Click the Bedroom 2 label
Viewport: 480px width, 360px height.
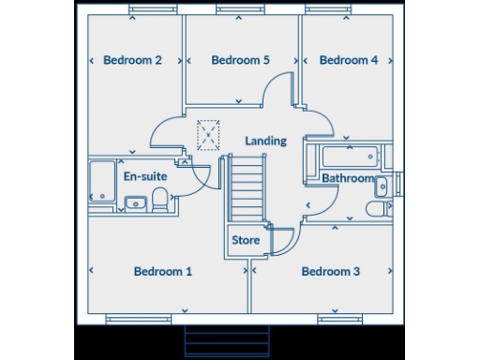click(x=132, y=60)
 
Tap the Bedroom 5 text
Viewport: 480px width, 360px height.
click(x=241, y=60)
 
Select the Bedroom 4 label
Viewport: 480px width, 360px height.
click(x=349, y=60)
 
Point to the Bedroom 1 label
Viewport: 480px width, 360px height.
click(x=162, y=272)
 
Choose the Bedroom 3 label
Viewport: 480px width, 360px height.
click(x=330, y=272)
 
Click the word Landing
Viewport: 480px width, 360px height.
click(x=265, y=141)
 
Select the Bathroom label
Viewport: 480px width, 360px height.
click(x=348, y=178)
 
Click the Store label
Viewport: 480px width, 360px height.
click(x=246, y=240)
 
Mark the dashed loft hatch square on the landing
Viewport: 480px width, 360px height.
click(x=209, y=135)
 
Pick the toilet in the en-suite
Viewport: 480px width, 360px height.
click(x=160, y=199)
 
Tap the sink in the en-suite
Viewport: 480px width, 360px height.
click(x=135, y=201)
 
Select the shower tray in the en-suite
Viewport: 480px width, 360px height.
click(x=101, y=181)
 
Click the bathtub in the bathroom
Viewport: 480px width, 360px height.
click(x=342, y=156)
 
